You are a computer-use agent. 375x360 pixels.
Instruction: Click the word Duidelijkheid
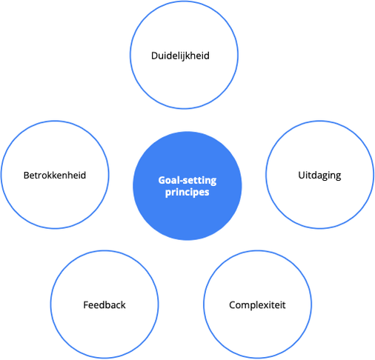[x=180, y=56]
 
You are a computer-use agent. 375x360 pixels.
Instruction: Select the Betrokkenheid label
[x=55, y=176]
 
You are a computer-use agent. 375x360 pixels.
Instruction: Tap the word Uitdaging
[x=319, y=176]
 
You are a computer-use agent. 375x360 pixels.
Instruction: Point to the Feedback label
[x=104, y=305]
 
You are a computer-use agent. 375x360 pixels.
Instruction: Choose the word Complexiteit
[x=257, y=305]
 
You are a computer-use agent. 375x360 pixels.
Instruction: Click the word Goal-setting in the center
[x=187, y=181]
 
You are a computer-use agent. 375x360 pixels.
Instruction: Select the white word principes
[x=187, y=193]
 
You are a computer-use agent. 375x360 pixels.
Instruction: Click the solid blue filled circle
[x=187, y=186]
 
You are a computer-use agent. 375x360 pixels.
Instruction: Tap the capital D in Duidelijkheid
[x=155, y=56]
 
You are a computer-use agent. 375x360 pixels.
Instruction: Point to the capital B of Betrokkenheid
[x=27, y=176]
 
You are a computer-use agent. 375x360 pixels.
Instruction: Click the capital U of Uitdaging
[x=302, y=175]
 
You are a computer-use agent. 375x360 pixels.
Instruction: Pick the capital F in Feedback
[x=86, y=305]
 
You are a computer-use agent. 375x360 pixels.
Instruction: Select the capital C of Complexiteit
[x=233, y=305]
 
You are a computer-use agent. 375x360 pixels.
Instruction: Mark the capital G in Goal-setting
[x=162, y=181]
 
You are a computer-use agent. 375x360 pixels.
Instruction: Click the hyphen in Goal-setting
[x=183, y=181]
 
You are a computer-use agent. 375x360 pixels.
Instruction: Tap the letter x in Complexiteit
[x=267, y=306]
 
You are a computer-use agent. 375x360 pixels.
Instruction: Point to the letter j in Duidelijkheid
[x=185, y=56]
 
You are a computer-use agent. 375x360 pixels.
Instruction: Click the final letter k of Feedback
[x=123, y=305]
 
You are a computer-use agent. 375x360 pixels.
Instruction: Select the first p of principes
[x=168, y=193]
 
